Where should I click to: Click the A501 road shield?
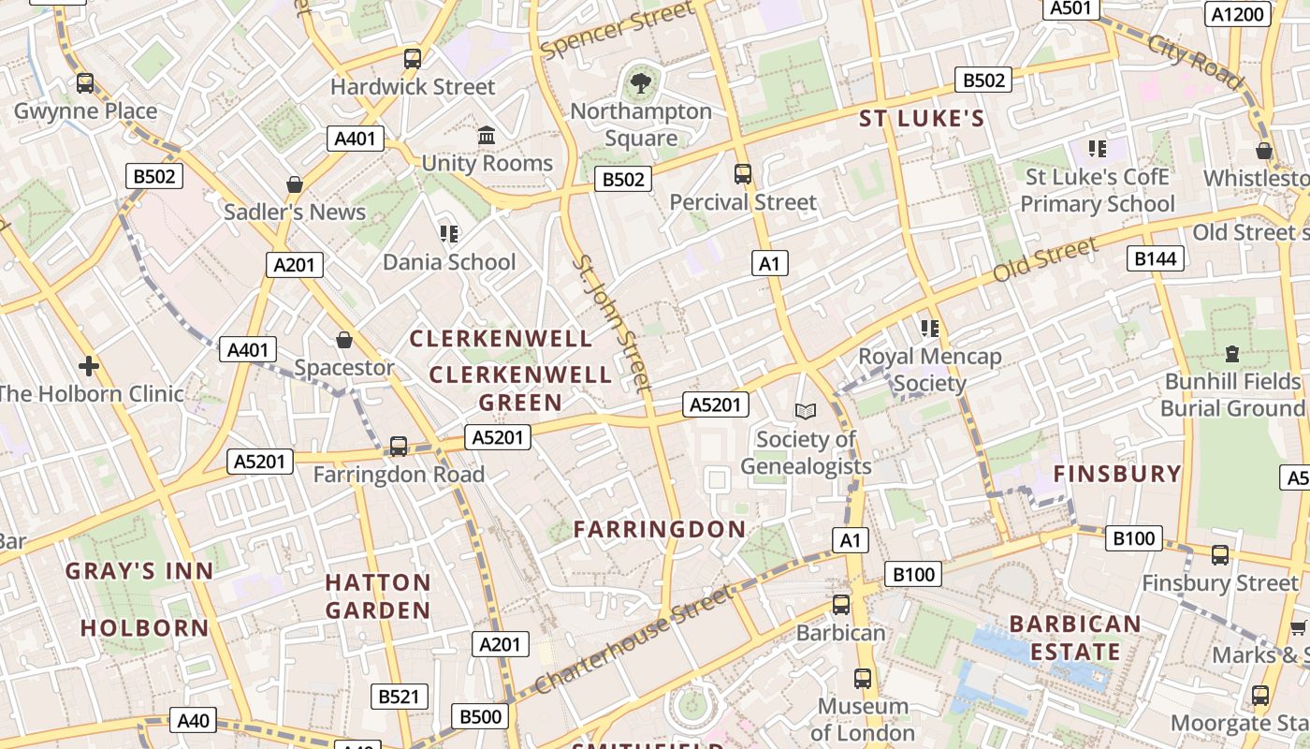[1070, 8]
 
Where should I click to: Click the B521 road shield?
[400, 697]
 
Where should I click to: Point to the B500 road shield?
[481, 717]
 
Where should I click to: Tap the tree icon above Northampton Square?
[641, 84]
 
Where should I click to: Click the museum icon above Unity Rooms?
[487, 136]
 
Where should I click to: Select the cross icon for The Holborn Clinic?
[89, 365]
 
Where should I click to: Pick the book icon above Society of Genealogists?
[805, 411]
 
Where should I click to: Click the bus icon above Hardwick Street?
[413, 59]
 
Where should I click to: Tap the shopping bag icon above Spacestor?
[344, 340]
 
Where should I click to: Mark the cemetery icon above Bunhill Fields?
[1232, 354]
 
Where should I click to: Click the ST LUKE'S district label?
[922, 118]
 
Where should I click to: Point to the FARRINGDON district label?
[660, 529]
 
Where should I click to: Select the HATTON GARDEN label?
[378, 596]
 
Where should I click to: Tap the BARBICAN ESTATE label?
[1075, 638]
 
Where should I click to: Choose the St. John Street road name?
[612, 322]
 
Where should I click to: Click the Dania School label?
[449, 262]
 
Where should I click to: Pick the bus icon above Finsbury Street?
[1220, 555]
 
